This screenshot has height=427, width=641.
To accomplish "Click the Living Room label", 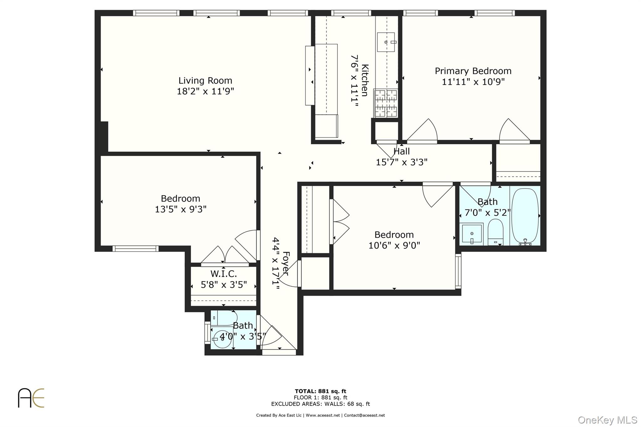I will pyautogui.click(x=205, y=81).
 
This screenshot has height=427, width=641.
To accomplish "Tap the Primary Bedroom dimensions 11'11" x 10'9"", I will pyautogui.click(x=473, y=82).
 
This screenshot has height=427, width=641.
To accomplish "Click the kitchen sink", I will pyautogui.click(x=386, y=42).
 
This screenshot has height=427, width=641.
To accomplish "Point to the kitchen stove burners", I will pyautogui.click(x=386, y=103).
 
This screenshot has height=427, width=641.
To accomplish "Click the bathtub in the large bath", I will pyautogui.click(x=525, y=216).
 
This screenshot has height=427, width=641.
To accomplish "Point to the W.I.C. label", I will pyautogui.click(x=223, y=274).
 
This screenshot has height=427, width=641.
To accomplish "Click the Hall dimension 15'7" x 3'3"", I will pyautogui.click(x=402, y=162).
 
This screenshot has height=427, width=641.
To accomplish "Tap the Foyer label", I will pyautogui.click(x=285, y=263).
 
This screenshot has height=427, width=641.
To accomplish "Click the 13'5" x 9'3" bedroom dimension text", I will pyautogui.click(x=181, y=209).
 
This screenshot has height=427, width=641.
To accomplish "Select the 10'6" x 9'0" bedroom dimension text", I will pyautogui.click(x=394, y=246).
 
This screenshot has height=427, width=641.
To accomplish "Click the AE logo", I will pyautogui.click(x=31, y=398).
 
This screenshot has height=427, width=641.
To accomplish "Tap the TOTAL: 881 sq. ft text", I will pyautogui.click(x=320, y=391).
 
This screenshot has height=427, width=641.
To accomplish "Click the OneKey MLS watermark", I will pyautogui.click(x=607, y=420).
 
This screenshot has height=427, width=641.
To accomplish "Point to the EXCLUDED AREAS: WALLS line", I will pyautogui.click(x=320, y=404).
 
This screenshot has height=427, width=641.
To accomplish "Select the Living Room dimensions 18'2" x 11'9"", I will pyautogui.click(x=205, y=91).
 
